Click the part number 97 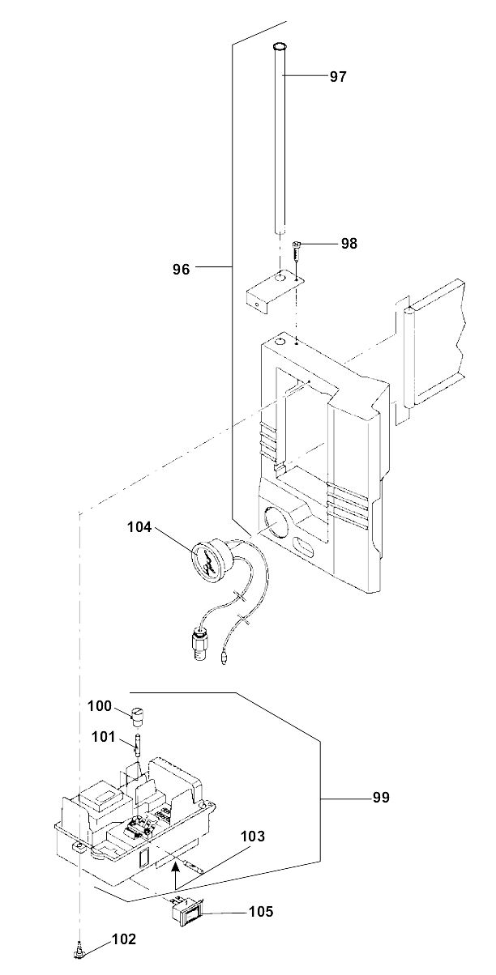click(x=338, y=77)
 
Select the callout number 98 click(x=348, y=243)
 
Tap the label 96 click(x=182, y=270)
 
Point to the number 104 click(x=139, y=527)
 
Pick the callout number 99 click(x=381, y=798)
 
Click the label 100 click(x=100, y=705)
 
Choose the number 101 click(x=103, y=736)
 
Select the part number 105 click(x=261, y=911)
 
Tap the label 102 click(x=124, y=939)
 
